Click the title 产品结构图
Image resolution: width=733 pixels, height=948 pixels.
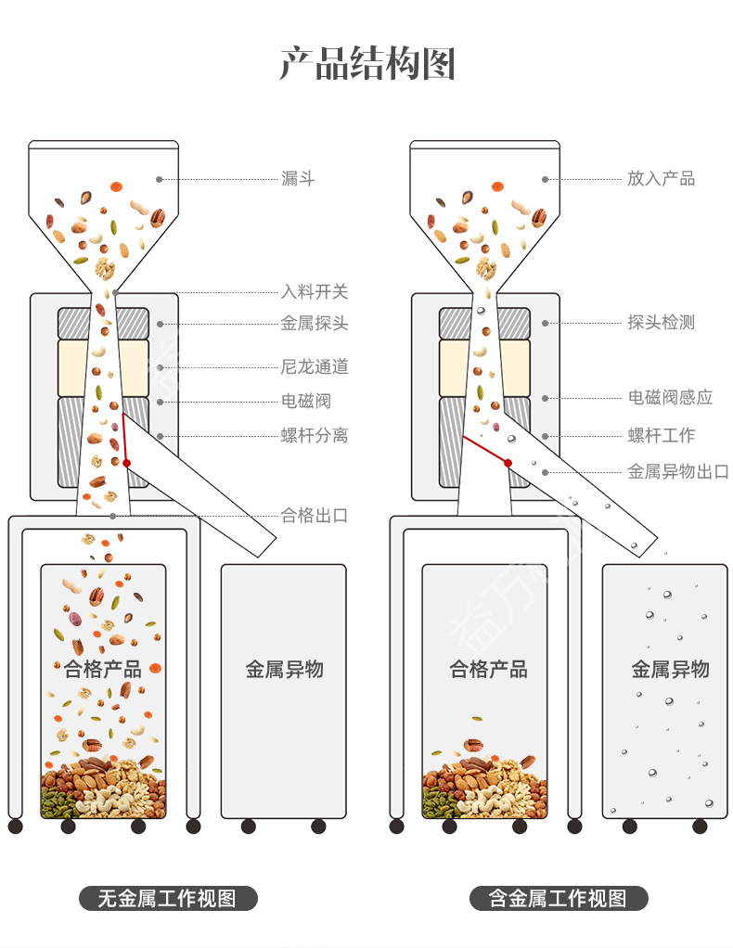(366, 65)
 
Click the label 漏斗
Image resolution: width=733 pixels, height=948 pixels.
(298, 178)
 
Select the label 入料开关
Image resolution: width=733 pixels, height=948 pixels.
(315, 291)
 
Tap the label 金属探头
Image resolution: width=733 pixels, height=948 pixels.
(315, 324)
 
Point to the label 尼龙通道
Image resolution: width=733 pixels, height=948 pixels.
(315, 366)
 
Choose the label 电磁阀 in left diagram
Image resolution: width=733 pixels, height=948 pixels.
(306, 401)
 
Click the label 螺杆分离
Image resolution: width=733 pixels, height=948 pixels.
(315, 435)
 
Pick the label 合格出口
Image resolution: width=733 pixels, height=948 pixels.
(315, 515)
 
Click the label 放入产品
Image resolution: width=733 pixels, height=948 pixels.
(661, 178)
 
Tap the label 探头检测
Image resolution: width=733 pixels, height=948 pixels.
(661, 323)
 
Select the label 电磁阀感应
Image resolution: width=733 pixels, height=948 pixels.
(670, 397)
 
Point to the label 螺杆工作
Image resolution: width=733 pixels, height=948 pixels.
(661, 435)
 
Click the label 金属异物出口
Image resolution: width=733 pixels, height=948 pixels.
(678, 471)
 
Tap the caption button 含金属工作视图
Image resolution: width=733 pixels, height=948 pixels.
(557, 898)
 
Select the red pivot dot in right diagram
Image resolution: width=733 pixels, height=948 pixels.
(508, 462)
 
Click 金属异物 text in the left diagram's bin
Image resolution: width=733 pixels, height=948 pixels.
(284, 669)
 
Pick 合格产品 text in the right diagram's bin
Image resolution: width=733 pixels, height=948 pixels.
(488, 669)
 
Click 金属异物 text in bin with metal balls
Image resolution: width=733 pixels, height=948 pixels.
(670, 669)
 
